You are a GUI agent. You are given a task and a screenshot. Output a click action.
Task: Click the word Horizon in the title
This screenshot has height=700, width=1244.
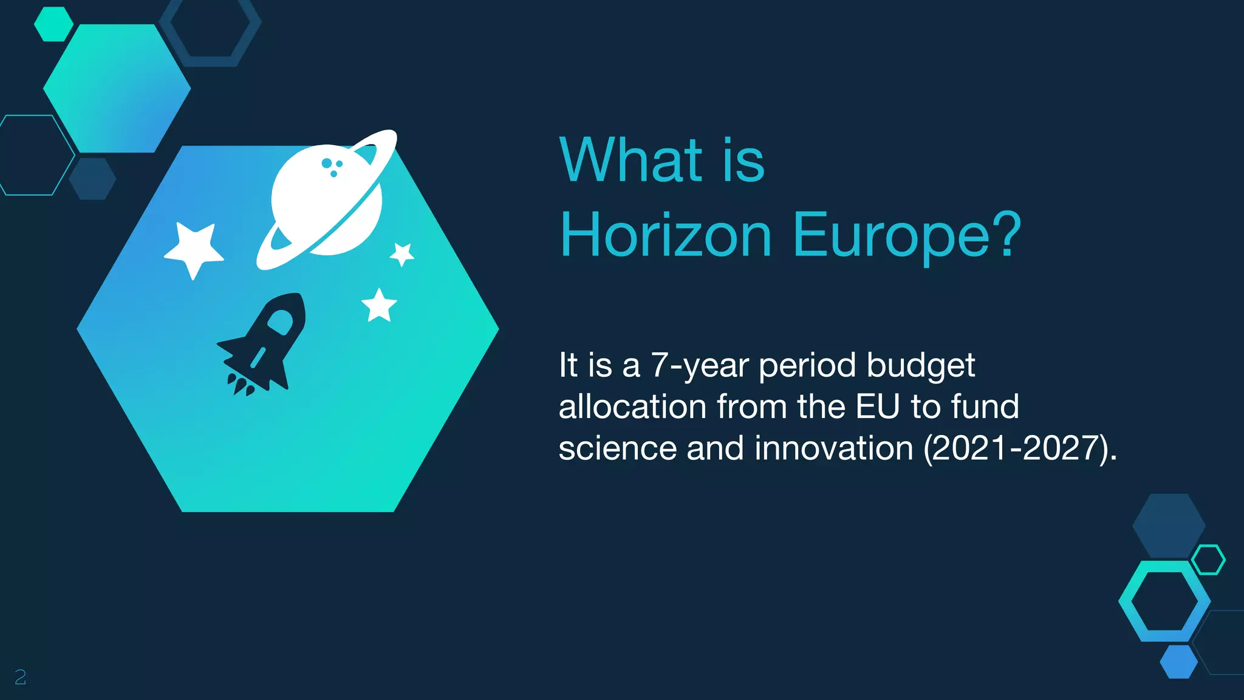tap(666, 236)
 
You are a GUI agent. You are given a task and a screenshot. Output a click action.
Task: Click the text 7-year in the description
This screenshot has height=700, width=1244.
tap(699, 366)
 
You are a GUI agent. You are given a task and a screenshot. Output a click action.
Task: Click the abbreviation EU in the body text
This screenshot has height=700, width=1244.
tap(877, 407)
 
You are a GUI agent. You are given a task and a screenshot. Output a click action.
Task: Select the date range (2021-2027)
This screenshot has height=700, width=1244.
tap(1020, 448)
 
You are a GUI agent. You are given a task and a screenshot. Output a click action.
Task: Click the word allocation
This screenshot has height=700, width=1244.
tap(632, 407)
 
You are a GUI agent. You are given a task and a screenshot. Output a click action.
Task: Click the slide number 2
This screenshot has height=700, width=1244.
tap(20, 677)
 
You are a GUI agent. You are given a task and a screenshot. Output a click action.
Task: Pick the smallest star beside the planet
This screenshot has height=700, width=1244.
tap(402, 253)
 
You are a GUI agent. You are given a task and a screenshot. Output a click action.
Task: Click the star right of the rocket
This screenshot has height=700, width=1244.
tap(379, 305)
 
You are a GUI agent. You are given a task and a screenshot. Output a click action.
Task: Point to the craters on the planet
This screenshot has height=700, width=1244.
tap(332, 166)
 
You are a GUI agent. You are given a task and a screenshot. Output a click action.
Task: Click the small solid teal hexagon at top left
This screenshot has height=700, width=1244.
tap(53, 24)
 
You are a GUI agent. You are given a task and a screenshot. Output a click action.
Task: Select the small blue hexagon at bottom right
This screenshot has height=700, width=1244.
tap(1178, 662)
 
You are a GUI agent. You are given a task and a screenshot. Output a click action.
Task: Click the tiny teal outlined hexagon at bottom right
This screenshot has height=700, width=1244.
tap(1208, 560)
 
